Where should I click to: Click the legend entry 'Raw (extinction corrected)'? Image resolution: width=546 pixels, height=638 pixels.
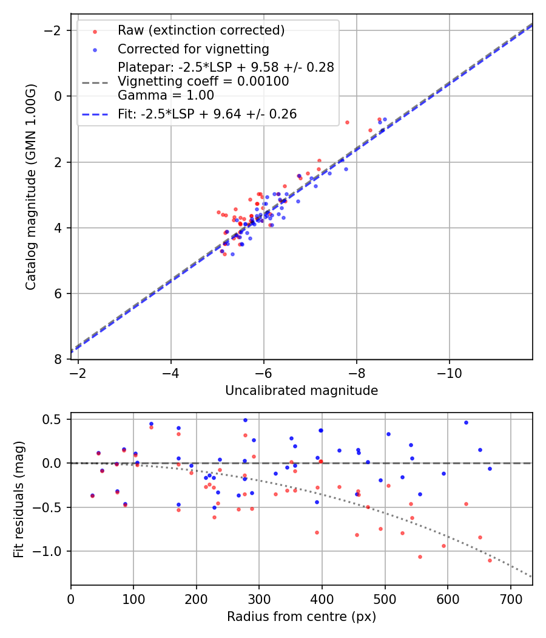(x=201, y=30)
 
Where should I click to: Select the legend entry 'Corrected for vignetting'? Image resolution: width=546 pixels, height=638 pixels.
(x=194, y=49)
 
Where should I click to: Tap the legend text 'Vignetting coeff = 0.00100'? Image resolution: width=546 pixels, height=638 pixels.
(x=203, y=81)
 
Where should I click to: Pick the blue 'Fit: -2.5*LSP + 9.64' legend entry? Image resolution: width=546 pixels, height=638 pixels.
(x=207, y=114)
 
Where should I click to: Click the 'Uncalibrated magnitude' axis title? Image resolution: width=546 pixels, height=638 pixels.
(x=302, y=391)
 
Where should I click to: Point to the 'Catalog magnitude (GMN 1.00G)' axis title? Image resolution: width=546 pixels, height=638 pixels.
(x=31, y=187)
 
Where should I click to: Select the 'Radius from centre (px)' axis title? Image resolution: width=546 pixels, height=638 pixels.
(x=302, y=617)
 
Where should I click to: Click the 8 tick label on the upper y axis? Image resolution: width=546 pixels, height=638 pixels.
(x=59, y=360)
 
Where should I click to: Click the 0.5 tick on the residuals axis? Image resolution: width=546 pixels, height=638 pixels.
(x=55, y=419)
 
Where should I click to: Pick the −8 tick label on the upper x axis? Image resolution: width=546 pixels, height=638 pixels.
(x=356, y=372)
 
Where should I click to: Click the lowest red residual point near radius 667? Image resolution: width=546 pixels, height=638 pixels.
(x=490, y=560)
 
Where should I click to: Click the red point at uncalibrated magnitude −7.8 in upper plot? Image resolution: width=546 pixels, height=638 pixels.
(x=347, y=122)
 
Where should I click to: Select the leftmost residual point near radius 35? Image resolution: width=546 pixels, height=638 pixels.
(x=92, y=496)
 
